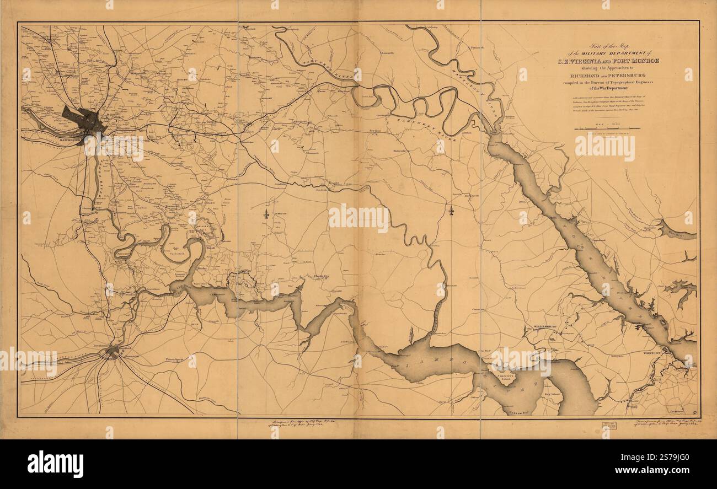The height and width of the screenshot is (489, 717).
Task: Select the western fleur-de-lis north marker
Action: tap(267, 213)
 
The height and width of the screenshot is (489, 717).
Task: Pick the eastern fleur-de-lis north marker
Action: tap(451, 210)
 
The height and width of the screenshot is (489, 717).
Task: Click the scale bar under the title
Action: tap(607, 128)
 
